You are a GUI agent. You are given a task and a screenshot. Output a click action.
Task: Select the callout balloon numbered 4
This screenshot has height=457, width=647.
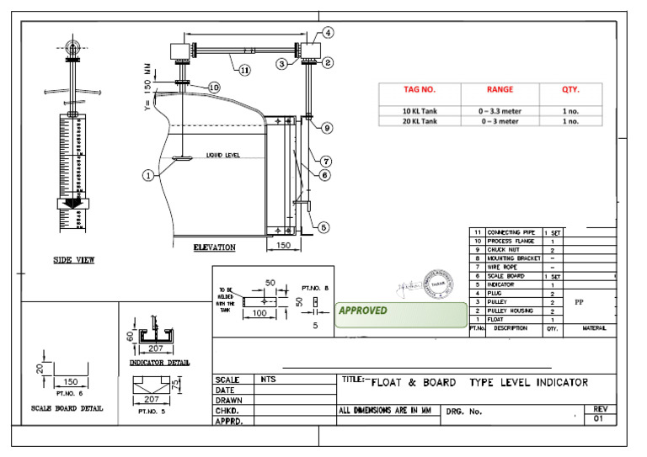coord(327,33)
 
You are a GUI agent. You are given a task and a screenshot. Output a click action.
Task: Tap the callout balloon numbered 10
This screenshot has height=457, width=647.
coord(213,88)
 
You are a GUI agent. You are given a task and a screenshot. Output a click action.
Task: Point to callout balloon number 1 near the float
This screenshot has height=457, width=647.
coord(149,176)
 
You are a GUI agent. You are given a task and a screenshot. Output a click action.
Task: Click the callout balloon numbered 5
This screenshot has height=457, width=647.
coord(323,226)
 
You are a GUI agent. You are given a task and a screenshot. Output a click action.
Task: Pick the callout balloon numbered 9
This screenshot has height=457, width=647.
coord(326,128)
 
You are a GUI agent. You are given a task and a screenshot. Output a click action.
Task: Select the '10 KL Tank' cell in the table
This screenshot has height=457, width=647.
coord(418,110)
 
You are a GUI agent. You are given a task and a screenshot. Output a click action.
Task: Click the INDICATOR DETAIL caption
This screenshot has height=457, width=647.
coord(158,363)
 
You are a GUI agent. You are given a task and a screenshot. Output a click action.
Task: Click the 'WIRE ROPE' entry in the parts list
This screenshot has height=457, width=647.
coord(505,267)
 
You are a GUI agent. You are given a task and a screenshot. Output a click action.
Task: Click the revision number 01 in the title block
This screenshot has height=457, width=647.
coord(599,417)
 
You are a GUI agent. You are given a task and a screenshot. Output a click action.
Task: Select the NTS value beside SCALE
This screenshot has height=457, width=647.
coord(269,380)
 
